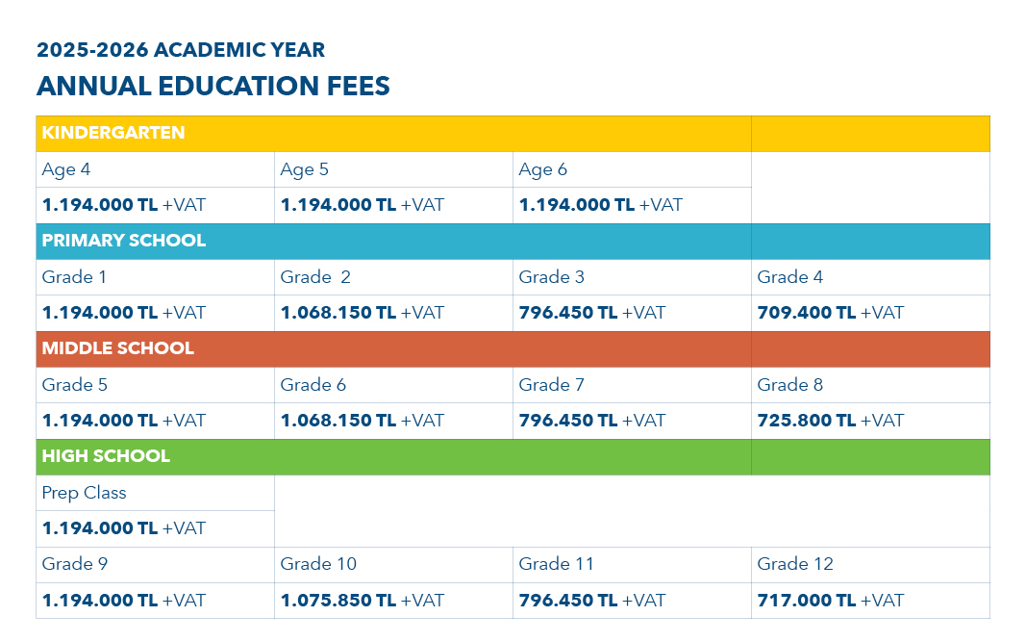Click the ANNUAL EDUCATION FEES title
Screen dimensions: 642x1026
[213, 86]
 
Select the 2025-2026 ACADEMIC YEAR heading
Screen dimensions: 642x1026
[181, 50]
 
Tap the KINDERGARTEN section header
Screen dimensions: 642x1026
[113, 133]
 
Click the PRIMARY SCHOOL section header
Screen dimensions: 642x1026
[124, 241]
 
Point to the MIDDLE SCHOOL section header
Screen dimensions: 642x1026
[118, 348]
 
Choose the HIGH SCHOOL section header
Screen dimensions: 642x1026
[106, 456]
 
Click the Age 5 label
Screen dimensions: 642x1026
[305, 169]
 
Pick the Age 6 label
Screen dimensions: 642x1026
[543, 169]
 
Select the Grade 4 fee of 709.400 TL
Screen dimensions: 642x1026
[831, 313]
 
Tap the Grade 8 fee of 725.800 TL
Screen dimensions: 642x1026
[831, 421]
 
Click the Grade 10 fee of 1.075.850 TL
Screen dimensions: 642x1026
[363, 601]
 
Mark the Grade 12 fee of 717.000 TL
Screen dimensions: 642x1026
[831, 601]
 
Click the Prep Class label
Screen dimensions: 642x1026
[85, 493]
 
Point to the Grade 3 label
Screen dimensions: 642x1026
[552, 277]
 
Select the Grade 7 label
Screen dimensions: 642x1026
[552, 385]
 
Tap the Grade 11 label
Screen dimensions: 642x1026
[557, 564]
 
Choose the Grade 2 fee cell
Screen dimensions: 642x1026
[363, 313]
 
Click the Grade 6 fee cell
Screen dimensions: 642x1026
[363, 421]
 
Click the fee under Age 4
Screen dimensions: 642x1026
[124, 205]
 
